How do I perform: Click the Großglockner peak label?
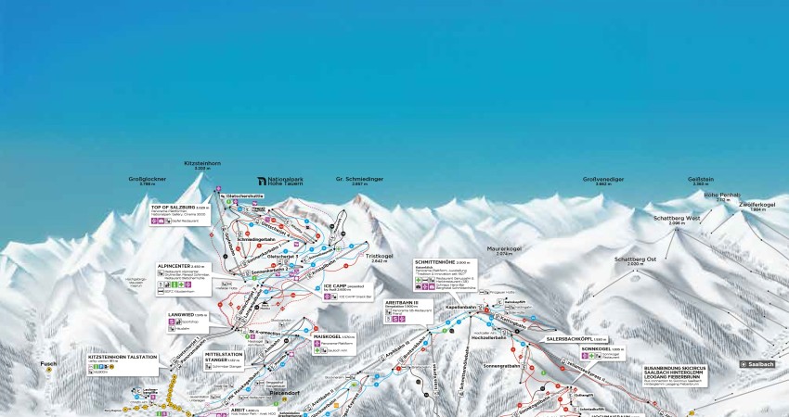pos(147,179)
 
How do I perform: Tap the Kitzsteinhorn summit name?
pos(202,163)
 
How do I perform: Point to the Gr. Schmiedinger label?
pos(359,178)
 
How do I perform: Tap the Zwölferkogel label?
pos(757,204)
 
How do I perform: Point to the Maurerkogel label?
pos(504,248)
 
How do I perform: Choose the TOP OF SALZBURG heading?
pos(174,207)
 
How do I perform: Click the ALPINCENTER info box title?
pos(176,264)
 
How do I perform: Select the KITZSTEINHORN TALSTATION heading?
pos(123,356)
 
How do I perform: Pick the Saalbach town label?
pos(756,364)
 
